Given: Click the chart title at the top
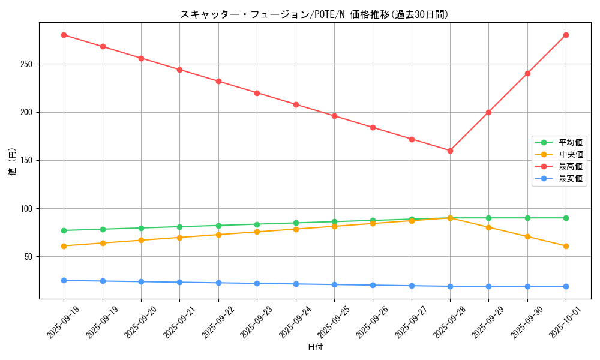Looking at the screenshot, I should pos(314,14).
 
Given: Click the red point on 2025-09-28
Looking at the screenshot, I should pos(450,151).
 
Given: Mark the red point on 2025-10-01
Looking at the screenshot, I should pos(566,35).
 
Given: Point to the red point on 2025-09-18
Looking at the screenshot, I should pos(64,35).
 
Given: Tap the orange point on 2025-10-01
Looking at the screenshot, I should pos(566,246).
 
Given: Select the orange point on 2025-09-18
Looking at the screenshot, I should pos(64,246).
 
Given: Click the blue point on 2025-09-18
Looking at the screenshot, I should pos(64,280).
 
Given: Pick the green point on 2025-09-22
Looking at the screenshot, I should pos(218,226).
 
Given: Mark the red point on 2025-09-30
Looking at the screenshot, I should pos(527,73).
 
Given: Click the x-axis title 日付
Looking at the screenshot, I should pos(315,347).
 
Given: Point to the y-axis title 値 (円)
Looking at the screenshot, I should pos(12,161).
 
